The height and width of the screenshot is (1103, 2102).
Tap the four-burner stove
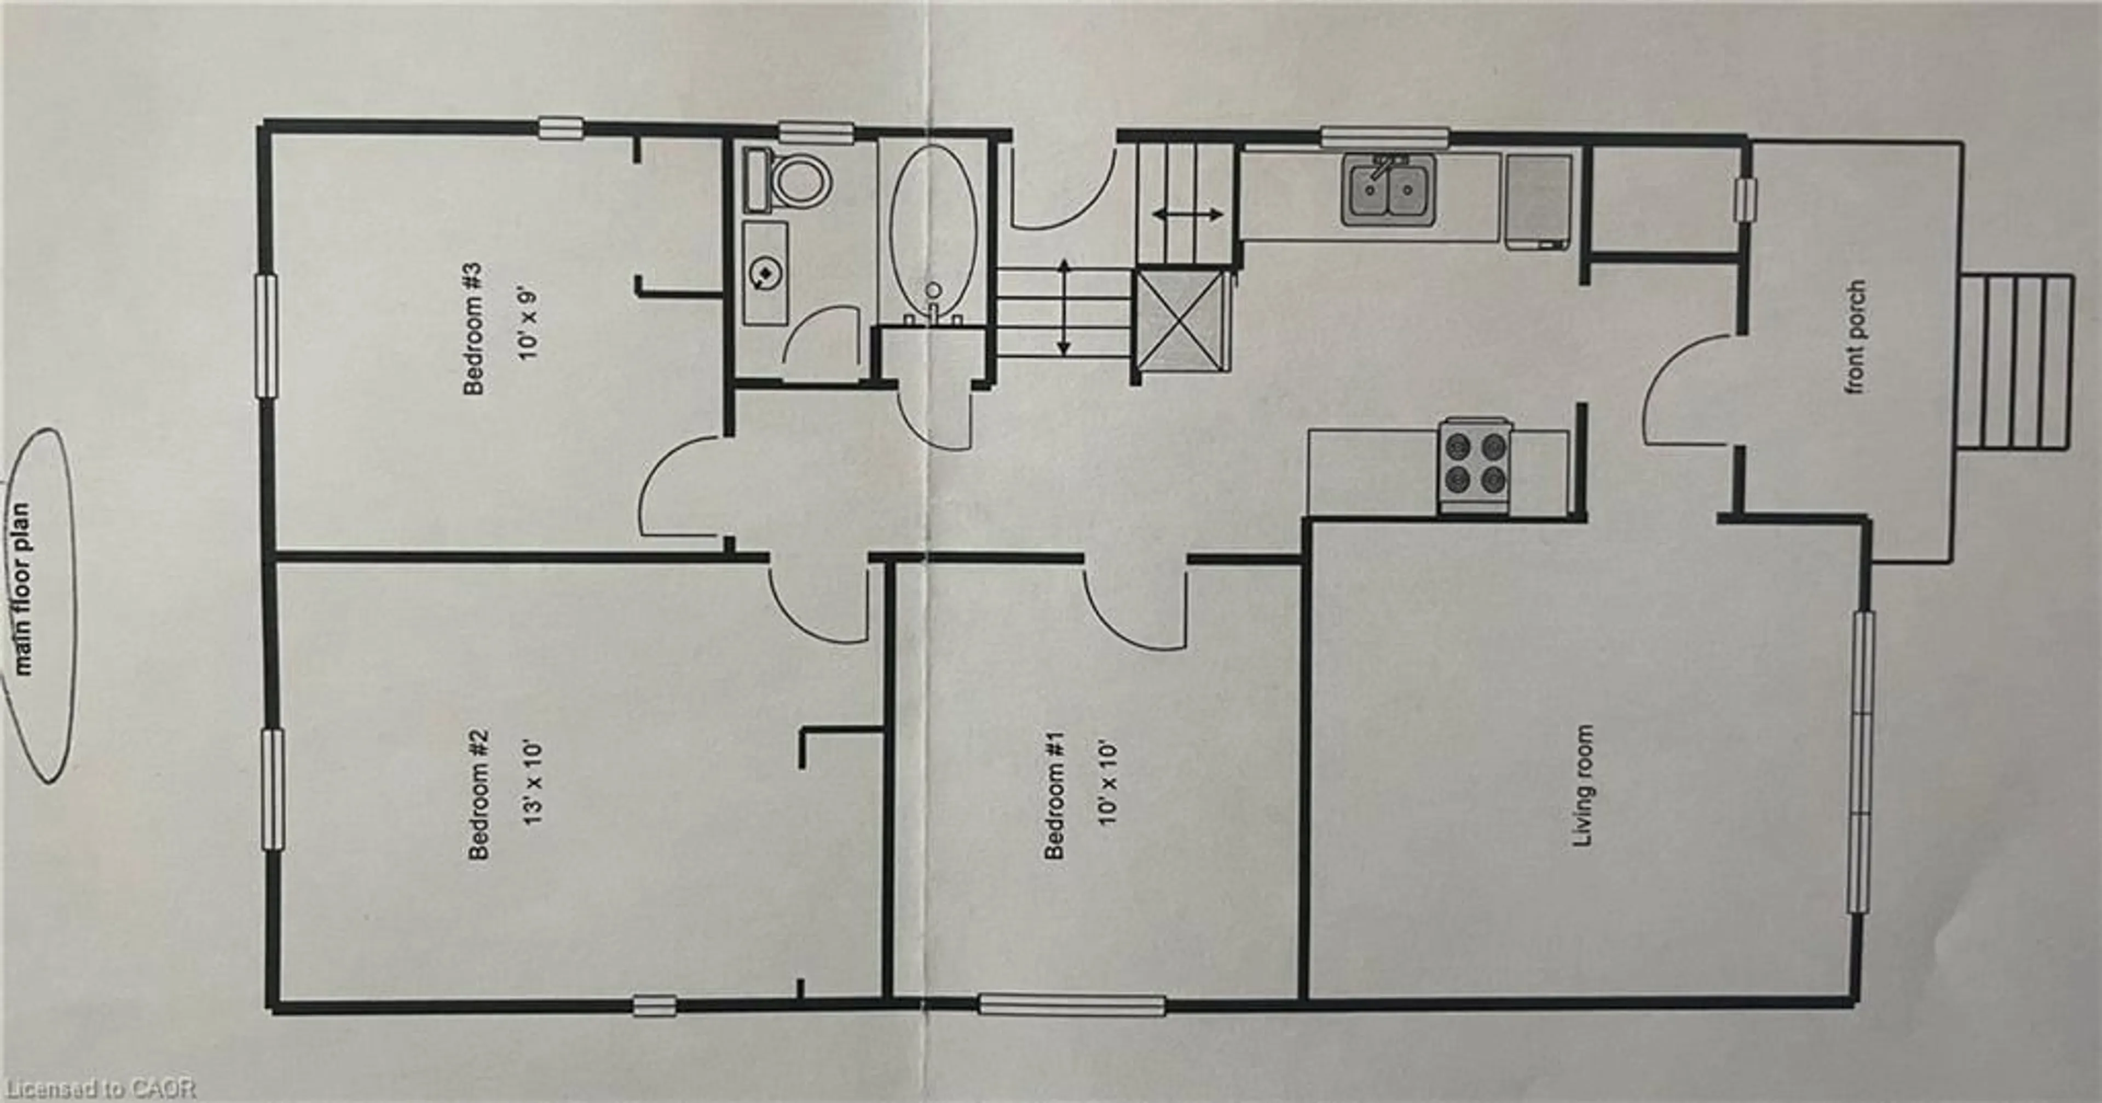[x=1475, y=464]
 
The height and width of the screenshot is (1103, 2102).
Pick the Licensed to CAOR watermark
[x=98, y=1088]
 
